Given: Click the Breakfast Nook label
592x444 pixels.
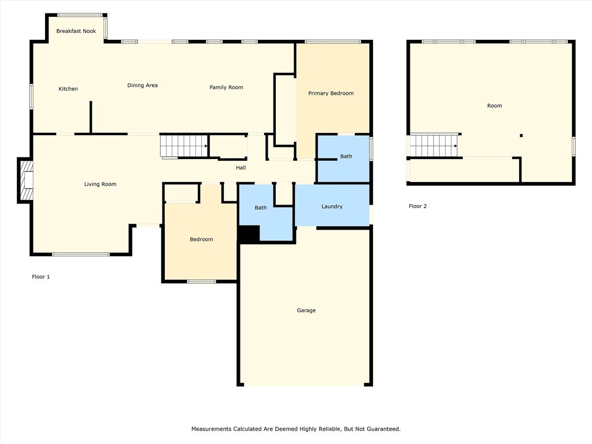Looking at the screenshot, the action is pos(76,31).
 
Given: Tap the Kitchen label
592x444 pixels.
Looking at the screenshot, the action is pos(68,88).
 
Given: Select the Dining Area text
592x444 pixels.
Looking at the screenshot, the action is pos(142,86).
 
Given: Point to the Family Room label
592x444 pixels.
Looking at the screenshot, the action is pos(226,87).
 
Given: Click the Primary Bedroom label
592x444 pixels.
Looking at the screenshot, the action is pos(331,93).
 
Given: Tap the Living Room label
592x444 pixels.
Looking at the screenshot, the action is pos(100,184).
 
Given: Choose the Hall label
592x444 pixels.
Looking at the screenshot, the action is pos(241,168).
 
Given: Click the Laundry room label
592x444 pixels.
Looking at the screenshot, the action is pos(332,206).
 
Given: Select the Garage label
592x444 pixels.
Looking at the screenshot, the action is pos(306,310).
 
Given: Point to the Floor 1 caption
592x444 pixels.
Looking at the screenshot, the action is pos(41,277).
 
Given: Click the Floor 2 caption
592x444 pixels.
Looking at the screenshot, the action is pos(417,206).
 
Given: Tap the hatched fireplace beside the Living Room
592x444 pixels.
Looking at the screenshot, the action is pos(25,180).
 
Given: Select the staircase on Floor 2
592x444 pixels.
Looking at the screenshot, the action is pos(434,146).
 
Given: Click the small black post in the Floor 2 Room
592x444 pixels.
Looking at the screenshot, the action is pos(521,135).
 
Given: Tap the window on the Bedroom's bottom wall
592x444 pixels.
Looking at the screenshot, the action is pos(202,282).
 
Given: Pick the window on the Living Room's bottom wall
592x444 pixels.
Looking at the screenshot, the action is pos(81,254).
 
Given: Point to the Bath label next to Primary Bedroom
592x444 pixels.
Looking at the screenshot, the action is pos(346,156).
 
